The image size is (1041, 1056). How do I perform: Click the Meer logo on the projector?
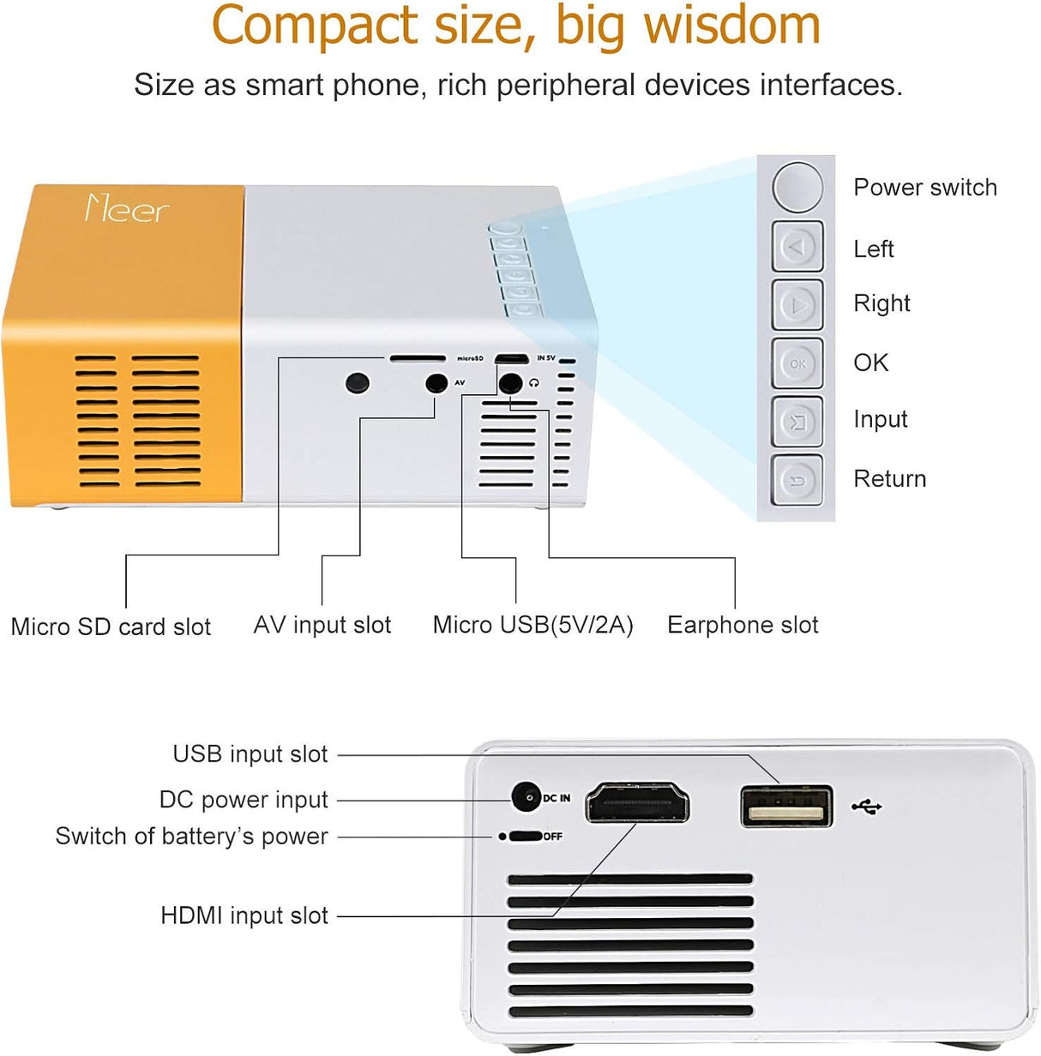point(127,209)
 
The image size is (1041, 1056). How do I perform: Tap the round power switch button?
point(797,187)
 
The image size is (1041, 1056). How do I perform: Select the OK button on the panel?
point(797,363)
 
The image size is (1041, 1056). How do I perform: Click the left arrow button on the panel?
point(797,247)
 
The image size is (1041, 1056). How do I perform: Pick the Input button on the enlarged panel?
point(797,422)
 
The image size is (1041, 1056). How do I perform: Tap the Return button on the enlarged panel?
point(797,480)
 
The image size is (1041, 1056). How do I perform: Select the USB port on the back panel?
point(786,807)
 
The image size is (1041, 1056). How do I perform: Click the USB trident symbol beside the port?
point(867,807)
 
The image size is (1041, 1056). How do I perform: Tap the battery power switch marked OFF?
point(526,836)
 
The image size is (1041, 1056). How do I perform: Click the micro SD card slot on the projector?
point(418,358)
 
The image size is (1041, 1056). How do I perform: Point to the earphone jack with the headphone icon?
point(511,382)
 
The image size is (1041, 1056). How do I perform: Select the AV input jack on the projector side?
point(437,382)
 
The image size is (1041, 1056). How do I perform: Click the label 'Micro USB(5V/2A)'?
point(533,625)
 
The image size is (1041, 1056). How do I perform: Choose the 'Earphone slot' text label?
point(743,625)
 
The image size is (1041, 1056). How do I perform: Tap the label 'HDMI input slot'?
point(244,915)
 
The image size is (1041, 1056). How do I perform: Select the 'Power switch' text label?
point(925,188)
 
